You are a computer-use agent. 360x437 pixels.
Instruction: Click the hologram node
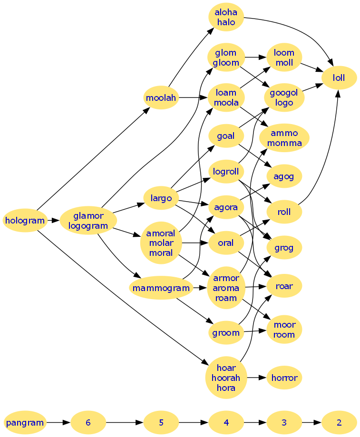[x=25, y=220]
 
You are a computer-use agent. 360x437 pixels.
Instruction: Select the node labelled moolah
[x=161, y=98]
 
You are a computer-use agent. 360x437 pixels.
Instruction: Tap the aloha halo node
[x=226, y=18]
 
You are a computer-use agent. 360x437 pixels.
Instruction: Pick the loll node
[x=339, y=78]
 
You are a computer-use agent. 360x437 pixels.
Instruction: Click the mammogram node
[x=161, y=288]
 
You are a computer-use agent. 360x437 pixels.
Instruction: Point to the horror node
[x=284, y=378]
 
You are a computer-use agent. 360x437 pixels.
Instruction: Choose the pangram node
[x=25, y=422]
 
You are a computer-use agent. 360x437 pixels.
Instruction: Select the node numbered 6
[x=88, y=422]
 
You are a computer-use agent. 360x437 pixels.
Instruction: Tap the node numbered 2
[x=339, y=422]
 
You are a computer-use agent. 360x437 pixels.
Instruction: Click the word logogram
[x=88, y=225]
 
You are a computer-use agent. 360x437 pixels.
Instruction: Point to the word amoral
[x=161, y=233]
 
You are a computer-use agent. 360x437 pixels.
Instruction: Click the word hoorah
[x=226, y=378]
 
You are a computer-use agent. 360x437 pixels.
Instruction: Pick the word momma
[x=284, y=143]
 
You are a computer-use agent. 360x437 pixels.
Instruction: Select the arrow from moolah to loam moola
[x=193, y=98]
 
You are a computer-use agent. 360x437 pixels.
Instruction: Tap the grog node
[x=284, y=248]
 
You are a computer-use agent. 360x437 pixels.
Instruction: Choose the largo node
[x=161, y=198]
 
